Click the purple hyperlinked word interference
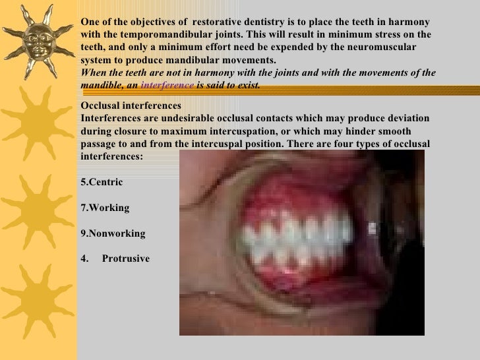click(x=167, y=86)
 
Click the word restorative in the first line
click(x=216, y=21)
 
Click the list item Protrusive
click(x=126, y=259)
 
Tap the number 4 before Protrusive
click(x=83, y=259)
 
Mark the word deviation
click(x=407, y=118)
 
